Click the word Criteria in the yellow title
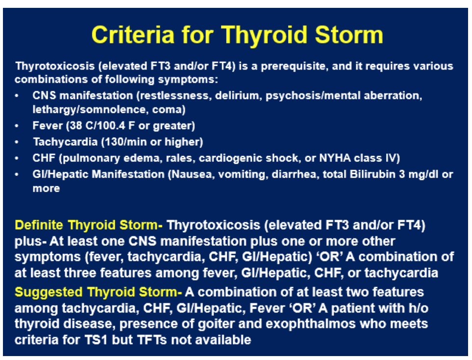click(x=133, y=35)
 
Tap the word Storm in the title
click(x=349, y=35)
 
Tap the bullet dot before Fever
click(x=17, y=126)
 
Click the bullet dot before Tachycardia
click(x=17, y=142)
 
